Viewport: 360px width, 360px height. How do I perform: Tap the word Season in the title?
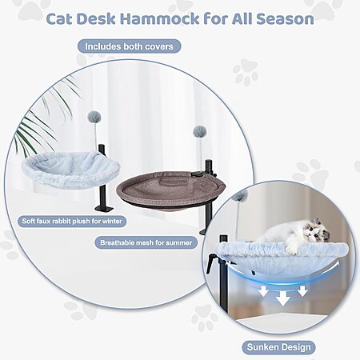point(285,19)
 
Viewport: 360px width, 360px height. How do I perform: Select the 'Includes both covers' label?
point(129,46)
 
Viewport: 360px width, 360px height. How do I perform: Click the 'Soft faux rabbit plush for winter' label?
point(72,221)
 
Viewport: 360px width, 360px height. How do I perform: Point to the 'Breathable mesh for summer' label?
point(146,242)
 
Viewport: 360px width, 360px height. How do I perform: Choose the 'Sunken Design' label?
point(278,347)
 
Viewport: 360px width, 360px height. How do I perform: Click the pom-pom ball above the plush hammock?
point(94,117)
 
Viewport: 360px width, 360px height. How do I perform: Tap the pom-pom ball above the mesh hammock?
point(200,132)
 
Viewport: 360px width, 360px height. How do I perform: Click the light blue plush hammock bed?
point(71,170)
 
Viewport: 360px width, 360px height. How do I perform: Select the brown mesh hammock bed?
point(166,190)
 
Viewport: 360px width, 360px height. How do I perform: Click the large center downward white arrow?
point(282,298)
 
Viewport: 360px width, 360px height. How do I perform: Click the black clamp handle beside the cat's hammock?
point(210,263)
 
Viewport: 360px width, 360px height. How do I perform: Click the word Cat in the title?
point(59,19)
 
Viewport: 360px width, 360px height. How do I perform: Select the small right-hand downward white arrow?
point(302,291)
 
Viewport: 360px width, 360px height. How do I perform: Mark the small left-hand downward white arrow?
point(263,291)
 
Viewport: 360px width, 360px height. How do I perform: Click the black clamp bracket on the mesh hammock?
point(197,174)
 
